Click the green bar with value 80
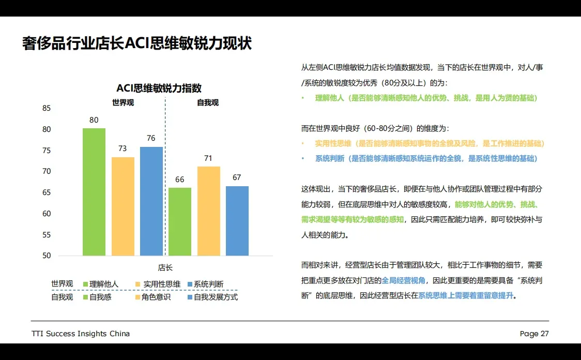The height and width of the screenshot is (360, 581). (x=94, y=192)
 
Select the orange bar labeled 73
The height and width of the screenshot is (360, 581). (x=123, y=206)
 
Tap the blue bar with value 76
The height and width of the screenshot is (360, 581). (x=151, y=201)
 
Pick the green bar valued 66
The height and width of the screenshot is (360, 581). (x=180, y=221)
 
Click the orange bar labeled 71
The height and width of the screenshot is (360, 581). (x=208, y=211)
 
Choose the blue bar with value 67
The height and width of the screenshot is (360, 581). (x=237, y=221)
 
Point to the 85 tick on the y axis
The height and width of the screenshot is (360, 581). (x=47, y=108)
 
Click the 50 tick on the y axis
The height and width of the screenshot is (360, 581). (x=47, y=256)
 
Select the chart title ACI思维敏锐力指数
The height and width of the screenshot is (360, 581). (x=159, y=88)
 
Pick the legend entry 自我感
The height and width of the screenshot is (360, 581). (x=100, y=297)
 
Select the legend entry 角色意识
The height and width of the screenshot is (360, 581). (x=156, y=297)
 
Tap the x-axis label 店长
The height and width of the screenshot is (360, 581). (x=165, y=267)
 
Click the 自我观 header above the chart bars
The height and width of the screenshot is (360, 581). (x=207, y=102)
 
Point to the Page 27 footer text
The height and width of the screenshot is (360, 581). (x=534, y=334)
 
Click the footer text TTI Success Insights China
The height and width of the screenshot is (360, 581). (x=81, y=334)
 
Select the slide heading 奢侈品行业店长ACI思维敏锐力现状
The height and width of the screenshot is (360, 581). (x=137, y=43)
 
